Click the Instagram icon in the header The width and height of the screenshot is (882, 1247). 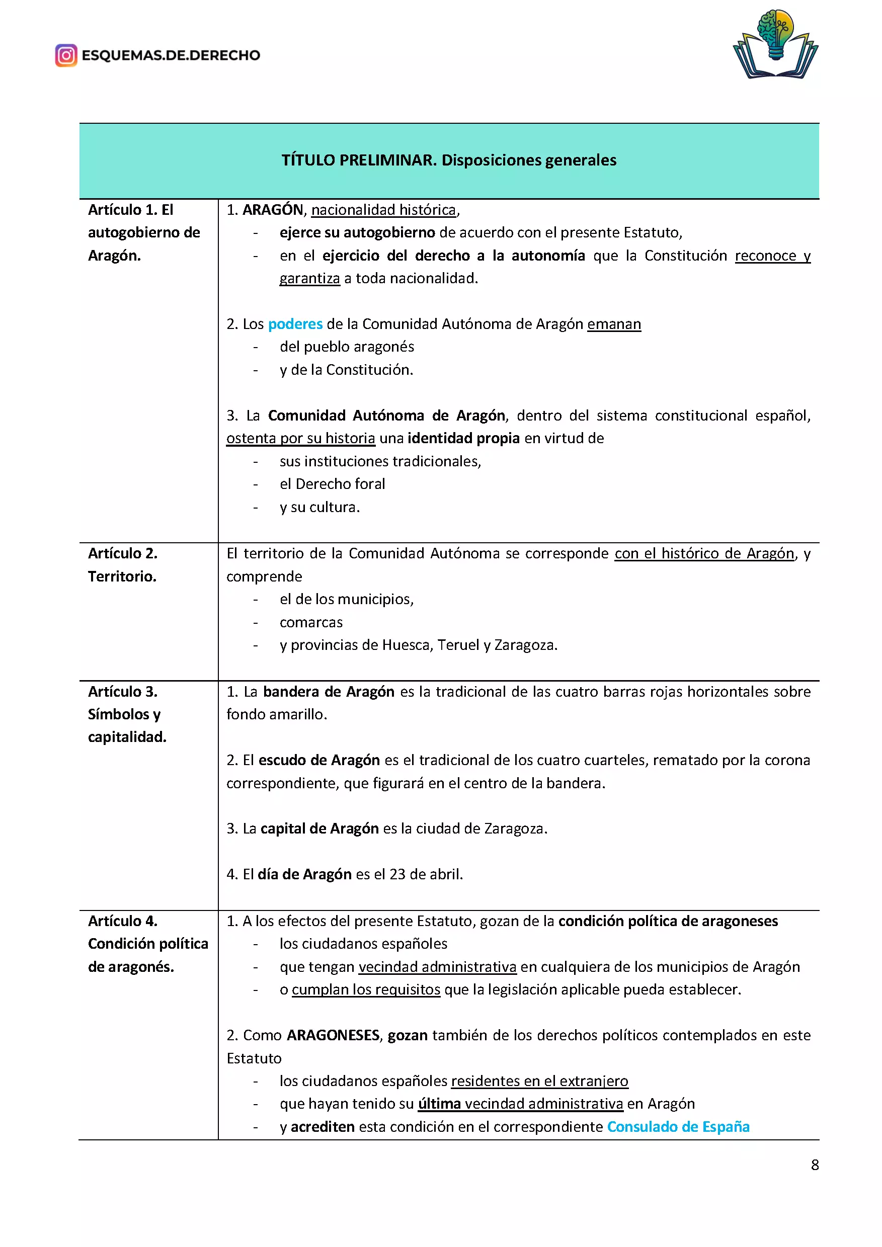66,55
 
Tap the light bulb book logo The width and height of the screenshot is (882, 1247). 775,45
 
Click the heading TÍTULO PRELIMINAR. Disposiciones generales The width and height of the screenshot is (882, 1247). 449,160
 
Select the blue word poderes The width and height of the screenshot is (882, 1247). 295,324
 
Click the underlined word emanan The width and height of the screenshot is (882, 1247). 614,324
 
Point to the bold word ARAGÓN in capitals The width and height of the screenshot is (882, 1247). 273,210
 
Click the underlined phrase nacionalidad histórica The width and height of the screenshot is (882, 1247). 383,210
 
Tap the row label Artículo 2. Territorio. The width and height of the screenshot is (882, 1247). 123,565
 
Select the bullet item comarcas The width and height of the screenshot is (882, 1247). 311,622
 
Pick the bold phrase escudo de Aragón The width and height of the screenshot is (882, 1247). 319,760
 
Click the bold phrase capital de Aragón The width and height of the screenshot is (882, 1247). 319,828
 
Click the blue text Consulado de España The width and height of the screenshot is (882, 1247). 678,1126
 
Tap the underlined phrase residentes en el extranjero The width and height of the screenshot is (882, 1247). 539,1081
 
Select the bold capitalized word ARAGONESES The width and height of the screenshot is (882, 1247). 333,1035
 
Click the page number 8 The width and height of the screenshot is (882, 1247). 815,1165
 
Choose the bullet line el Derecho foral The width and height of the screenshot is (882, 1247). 333,484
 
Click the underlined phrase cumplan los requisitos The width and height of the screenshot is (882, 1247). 366,989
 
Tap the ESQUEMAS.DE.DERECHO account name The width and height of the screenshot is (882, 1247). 171,55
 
